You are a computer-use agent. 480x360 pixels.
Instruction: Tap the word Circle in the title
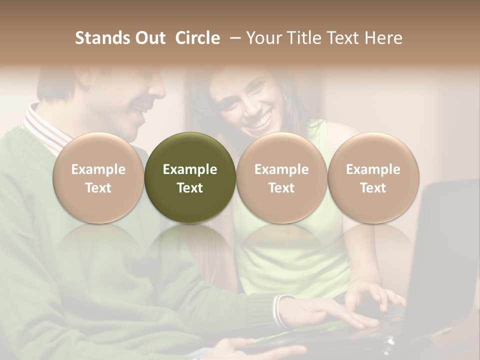pyautogui.click(x=197, y=38)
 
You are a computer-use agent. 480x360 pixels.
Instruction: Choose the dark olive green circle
pyautogui.click(x=190, y=177)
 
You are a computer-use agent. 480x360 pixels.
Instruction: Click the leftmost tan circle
pyautogui.click(x=98, y=177)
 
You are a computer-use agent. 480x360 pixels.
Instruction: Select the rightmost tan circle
pyautogui.click(x=373, y=177)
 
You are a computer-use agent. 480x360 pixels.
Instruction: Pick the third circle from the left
pyautogui.click(x=281, y=177)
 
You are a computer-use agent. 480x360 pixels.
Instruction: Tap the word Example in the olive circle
pyautogui.click(x=190, y=169)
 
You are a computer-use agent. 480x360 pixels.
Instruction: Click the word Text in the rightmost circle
pyautogui.click(x=373, y=187)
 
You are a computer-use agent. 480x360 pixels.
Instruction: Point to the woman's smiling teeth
pyautogui.click(x=259, y=121)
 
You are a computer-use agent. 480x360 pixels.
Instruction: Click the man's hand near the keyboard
pyautogui.click(x=320, y=312)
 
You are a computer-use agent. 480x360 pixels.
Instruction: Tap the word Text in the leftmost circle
pyautogui.click(x=98, y=187)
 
